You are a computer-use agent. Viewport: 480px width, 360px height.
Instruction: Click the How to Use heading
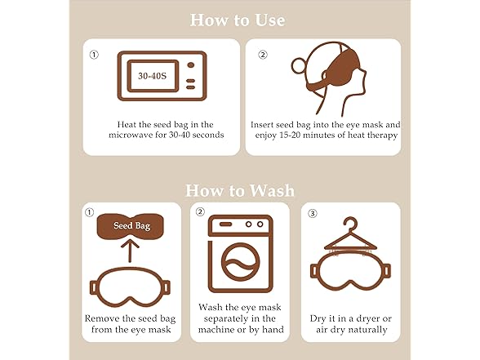[238, 20]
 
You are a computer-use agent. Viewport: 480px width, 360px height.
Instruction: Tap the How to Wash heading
[240, 190]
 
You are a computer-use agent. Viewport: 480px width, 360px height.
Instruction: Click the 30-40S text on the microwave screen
[152, 76]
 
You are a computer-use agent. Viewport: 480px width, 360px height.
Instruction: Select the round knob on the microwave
[191, 65]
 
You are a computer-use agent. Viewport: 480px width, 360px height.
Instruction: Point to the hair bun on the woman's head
[297, 67]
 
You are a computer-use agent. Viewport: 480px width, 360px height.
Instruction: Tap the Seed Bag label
[132, 226]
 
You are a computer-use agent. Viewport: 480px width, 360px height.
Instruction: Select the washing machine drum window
[240, 263]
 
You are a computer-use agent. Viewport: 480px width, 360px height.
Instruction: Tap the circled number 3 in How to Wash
[312, 213]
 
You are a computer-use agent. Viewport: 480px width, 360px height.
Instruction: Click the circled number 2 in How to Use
[263, 55]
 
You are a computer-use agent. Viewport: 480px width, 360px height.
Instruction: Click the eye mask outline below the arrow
[130, 287]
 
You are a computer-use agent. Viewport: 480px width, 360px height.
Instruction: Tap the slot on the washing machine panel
[225, 224]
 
